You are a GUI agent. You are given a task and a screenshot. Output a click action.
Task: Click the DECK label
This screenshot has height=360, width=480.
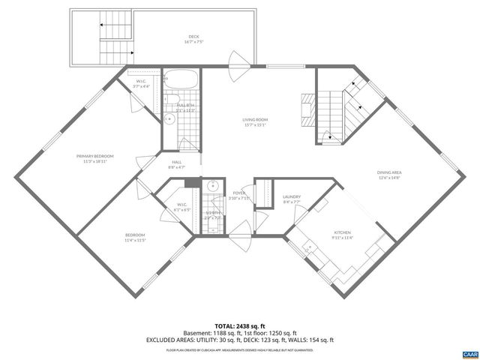click(x=194, y=37)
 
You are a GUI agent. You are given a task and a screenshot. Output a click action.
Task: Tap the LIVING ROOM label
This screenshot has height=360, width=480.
click(x=254, y=120)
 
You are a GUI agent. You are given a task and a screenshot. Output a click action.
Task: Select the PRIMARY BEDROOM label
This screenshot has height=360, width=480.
click(x=93, y=156)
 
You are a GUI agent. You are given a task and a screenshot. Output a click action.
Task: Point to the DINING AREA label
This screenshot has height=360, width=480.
click(x=389, y=173)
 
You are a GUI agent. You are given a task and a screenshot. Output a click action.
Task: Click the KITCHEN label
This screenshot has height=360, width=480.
click(x=343, y=233)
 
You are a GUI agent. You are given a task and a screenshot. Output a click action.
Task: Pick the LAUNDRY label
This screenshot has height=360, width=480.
click(x=292, y=197)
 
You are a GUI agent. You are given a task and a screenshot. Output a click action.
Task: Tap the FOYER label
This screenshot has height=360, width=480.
click(x=239, y=193)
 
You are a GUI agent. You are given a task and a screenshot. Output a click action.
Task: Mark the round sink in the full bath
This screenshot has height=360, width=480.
click(x=170, y=118)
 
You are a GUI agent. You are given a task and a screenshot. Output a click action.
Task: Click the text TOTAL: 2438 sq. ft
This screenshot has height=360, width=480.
click(x=239, y=325)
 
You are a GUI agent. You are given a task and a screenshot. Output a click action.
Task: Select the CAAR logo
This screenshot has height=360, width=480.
click(x=469, y=351)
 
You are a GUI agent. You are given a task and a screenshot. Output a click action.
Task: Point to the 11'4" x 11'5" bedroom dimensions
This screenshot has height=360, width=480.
click(x=135, y=240)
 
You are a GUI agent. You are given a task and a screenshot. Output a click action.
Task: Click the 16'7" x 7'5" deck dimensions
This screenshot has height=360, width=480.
click(x=194, y=42)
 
